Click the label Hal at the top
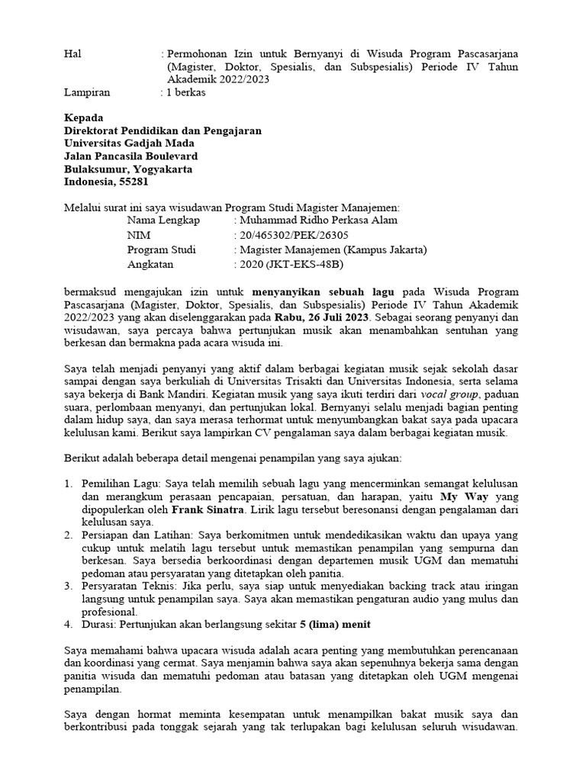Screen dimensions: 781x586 pyautogui.click(x=72, y=54)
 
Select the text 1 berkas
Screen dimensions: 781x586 pyautogui.click(x=185, y=92)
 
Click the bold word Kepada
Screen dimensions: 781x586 pyautogui.click(x=82, y=117)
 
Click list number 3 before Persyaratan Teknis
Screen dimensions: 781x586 pyautogui.click(x=68, y=585)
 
